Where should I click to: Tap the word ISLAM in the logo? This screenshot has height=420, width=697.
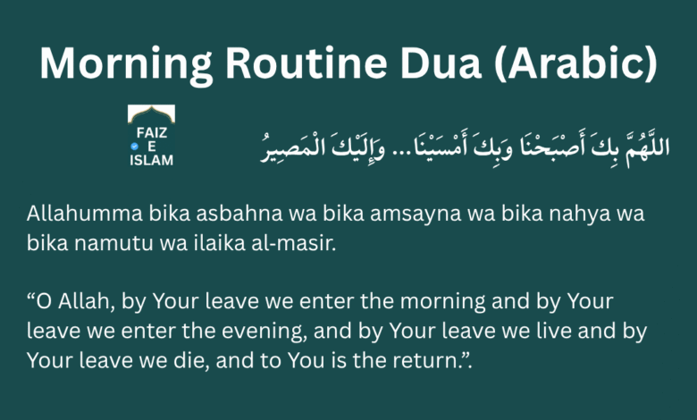[x=151, y=160]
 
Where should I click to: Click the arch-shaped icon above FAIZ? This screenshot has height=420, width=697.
[x=151, y=113]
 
